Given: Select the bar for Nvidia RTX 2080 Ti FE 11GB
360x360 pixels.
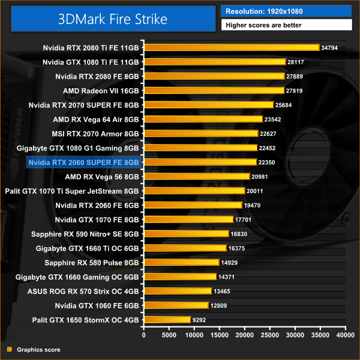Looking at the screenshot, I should click(x=231, y=47).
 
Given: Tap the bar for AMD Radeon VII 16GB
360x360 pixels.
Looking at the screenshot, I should click(x=214, y=91).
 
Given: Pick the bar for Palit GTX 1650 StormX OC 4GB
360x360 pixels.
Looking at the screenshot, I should click(x=167, y=320).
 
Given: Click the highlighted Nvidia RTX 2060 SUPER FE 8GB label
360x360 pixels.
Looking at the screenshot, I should click(x=83, y=162).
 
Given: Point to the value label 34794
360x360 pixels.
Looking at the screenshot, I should click(x=330, y=47).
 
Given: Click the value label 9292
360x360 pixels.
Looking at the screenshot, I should click(x=200, y=320).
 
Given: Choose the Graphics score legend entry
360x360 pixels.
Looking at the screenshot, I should click(x=38, y=349).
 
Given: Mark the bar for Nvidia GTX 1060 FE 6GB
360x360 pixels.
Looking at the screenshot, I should click(x=176, y=305).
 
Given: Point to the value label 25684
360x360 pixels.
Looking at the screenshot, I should click(x=284, y=105).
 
